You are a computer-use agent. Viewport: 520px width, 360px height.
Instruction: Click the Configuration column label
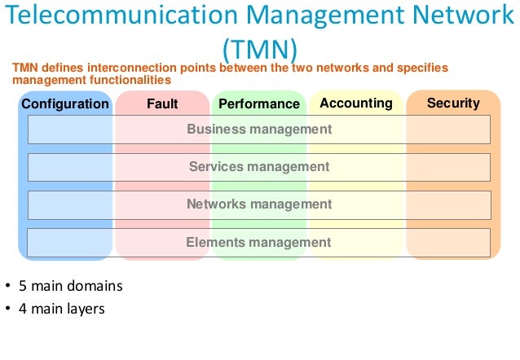64,103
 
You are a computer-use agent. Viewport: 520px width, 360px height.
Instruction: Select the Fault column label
162,103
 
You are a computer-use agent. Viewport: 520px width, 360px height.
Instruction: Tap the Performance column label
259,103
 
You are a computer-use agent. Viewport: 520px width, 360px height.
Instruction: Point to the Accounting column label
356,103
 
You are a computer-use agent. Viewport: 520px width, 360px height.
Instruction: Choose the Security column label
453,103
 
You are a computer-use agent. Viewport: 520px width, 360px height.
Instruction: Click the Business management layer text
259,129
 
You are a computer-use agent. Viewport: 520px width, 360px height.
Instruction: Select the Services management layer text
259,166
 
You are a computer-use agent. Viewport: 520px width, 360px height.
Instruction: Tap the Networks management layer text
259,204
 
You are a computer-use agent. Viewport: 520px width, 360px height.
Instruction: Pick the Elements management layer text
259,242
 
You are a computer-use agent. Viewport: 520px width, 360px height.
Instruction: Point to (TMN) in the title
259,46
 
